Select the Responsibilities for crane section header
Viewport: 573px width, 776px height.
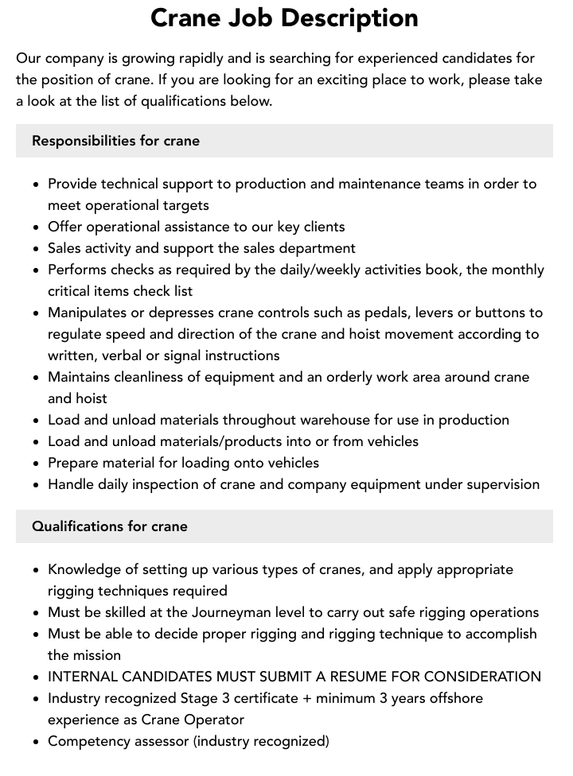click(115, 141)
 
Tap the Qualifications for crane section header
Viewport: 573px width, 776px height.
click(110, 526)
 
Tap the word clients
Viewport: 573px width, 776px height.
click(323, 227)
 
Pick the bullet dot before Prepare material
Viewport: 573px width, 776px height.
click(36, 463)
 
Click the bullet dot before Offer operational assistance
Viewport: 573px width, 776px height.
click(36, 227)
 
